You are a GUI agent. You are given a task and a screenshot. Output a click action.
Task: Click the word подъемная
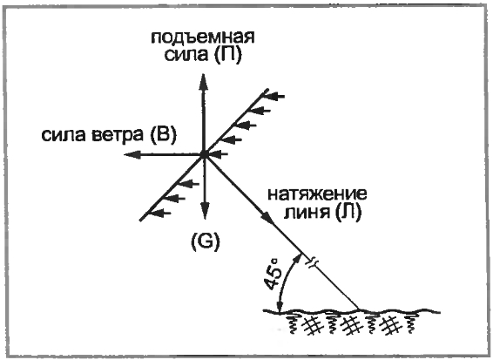tap(203, 38)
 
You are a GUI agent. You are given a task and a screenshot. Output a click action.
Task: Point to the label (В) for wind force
tap(162, 135)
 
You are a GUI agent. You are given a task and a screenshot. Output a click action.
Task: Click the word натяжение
tap(317, 194)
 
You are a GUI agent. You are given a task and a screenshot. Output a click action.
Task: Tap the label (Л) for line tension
tap(348, 213)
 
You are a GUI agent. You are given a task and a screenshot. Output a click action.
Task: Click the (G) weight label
tap(206, 241)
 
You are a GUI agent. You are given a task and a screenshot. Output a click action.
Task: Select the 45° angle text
tap(272, 275)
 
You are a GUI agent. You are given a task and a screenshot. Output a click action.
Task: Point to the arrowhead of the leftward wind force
tap(132, 154)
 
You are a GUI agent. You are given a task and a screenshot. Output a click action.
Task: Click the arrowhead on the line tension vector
tap(269, 218)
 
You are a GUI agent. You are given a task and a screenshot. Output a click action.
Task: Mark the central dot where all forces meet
tap(204, 154)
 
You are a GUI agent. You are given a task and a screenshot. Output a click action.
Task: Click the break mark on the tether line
tap(312, 262)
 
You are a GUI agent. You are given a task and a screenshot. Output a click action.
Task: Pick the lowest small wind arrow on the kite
tap(160, 213)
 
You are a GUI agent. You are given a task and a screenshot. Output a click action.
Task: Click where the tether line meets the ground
tap(359, 309)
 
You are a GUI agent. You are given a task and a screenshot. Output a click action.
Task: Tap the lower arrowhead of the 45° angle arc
tap(280, 307)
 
